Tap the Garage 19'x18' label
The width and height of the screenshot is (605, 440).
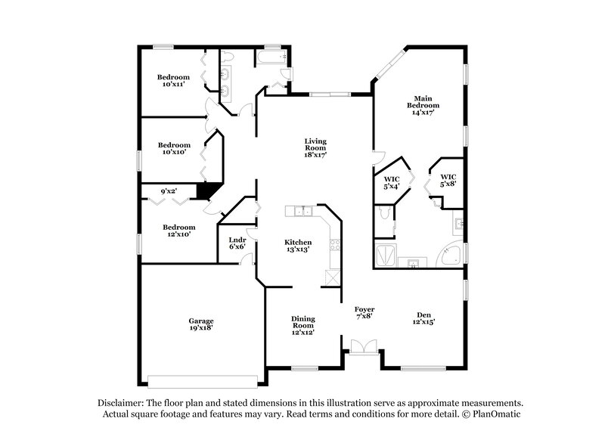(200, 324)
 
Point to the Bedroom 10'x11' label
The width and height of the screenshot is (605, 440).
(173, 80)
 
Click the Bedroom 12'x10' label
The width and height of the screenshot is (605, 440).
(179, 231)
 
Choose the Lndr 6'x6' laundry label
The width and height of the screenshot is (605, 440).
(237, 243)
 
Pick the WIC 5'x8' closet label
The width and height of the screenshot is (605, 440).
(448, 180)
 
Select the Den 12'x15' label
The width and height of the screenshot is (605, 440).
(423, 318)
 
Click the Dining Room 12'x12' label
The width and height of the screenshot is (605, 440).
(302, 326)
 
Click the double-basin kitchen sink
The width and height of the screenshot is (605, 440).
(302, 210)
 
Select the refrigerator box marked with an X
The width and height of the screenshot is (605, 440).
(330, 277)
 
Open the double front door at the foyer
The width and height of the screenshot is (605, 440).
(361, 347)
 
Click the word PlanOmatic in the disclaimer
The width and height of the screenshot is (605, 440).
(496, 415)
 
